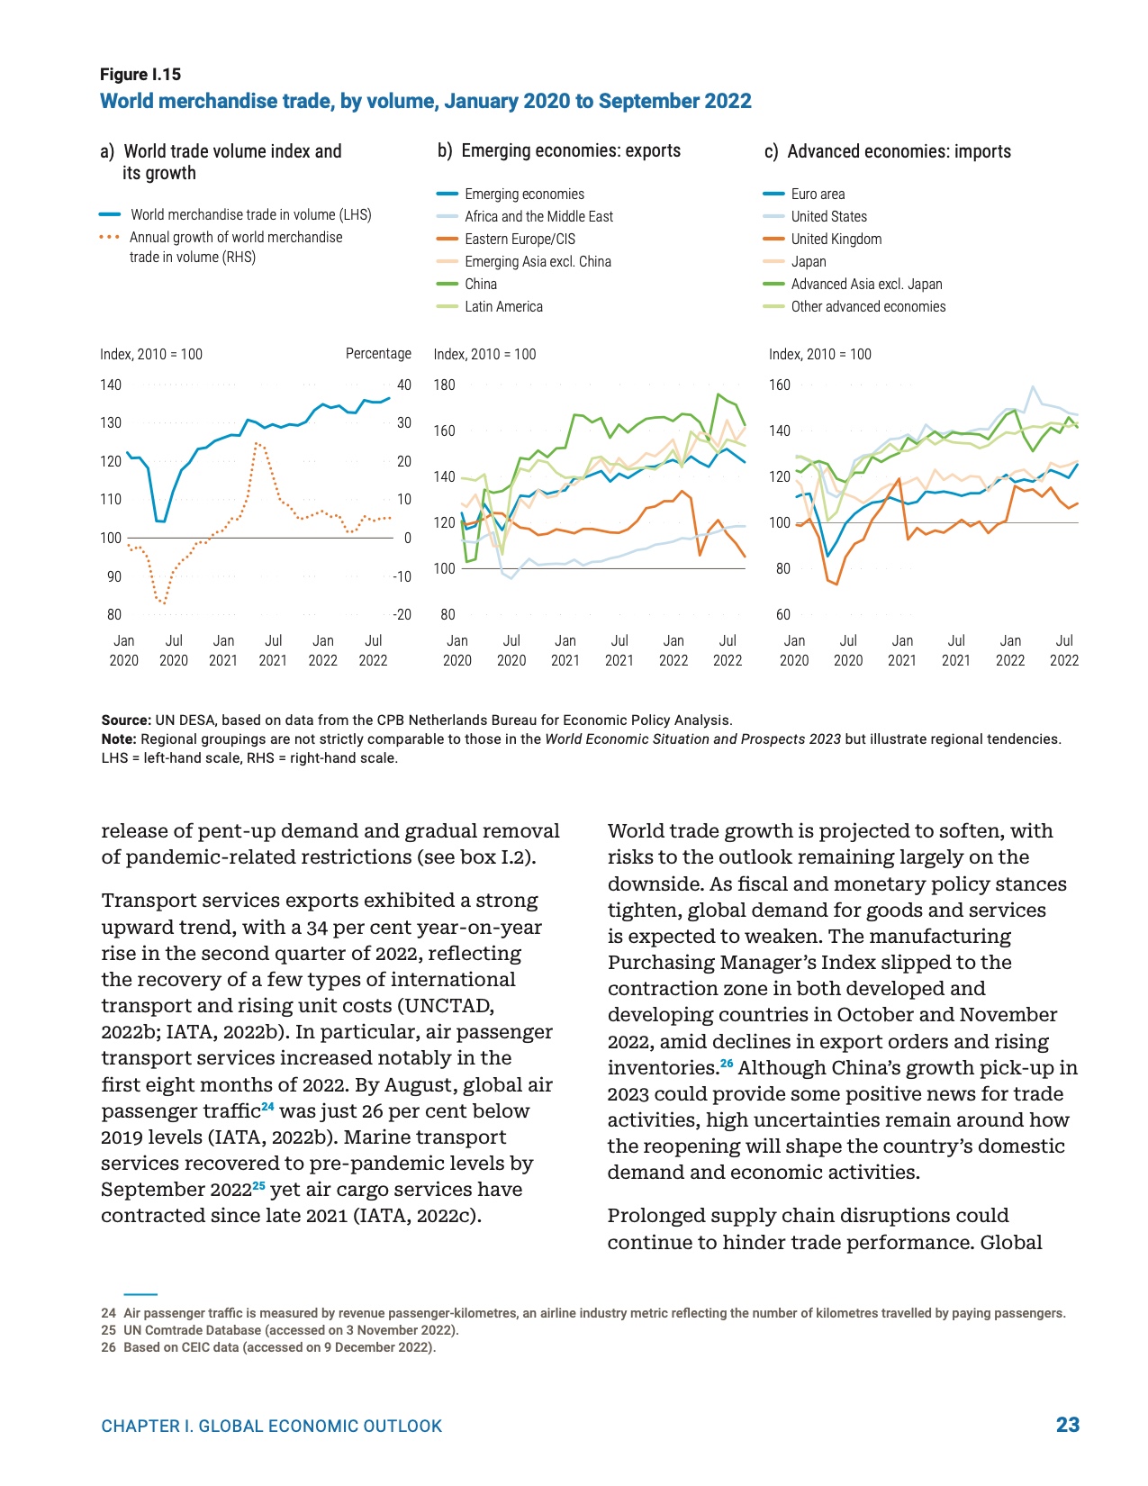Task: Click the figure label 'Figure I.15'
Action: coord(140,75)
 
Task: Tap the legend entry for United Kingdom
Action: coord(836,239)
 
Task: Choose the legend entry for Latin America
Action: coord(503,306)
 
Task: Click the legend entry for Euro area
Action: coord(818,194)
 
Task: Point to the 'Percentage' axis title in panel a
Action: coord(378,354)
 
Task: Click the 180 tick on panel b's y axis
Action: coord(445,385)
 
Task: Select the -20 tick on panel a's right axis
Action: coord(402,614)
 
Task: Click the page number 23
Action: coord(1067,1425)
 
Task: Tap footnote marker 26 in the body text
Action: coord(727,1064)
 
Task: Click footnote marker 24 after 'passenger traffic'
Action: coord(267,1107)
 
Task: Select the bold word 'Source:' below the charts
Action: coord(126,720)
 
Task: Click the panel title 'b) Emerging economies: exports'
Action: coord(559,151)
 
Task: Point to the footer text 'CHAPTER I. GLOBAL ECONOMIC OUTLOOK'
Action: coord(272,1427)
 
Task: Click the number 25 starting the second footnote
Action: coord(108,1330)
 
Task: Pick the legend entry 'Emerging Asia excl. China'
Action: coord(538,261)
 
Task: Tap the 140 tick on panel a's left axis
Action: coord(111,385)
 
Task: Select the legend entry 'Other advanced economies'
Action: coord(868,306)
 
